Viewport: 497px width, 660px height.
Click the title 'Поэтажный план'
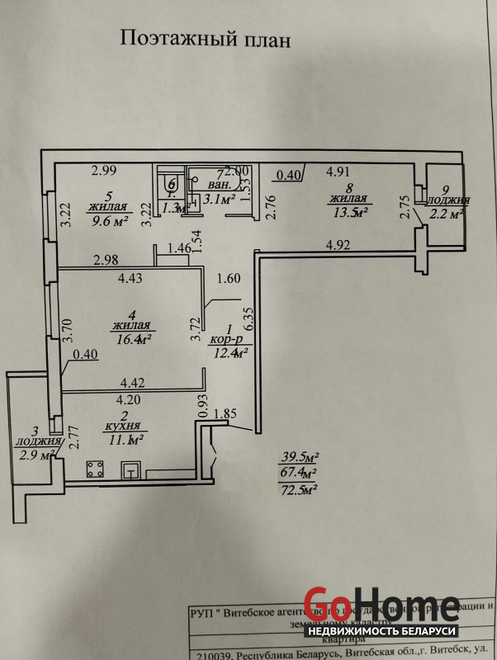click(206, 39)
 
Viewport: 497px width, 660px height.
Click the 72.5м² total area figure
click(299, 488)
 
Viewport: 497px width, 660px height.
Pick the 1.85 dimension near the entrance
click(225, 414)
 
